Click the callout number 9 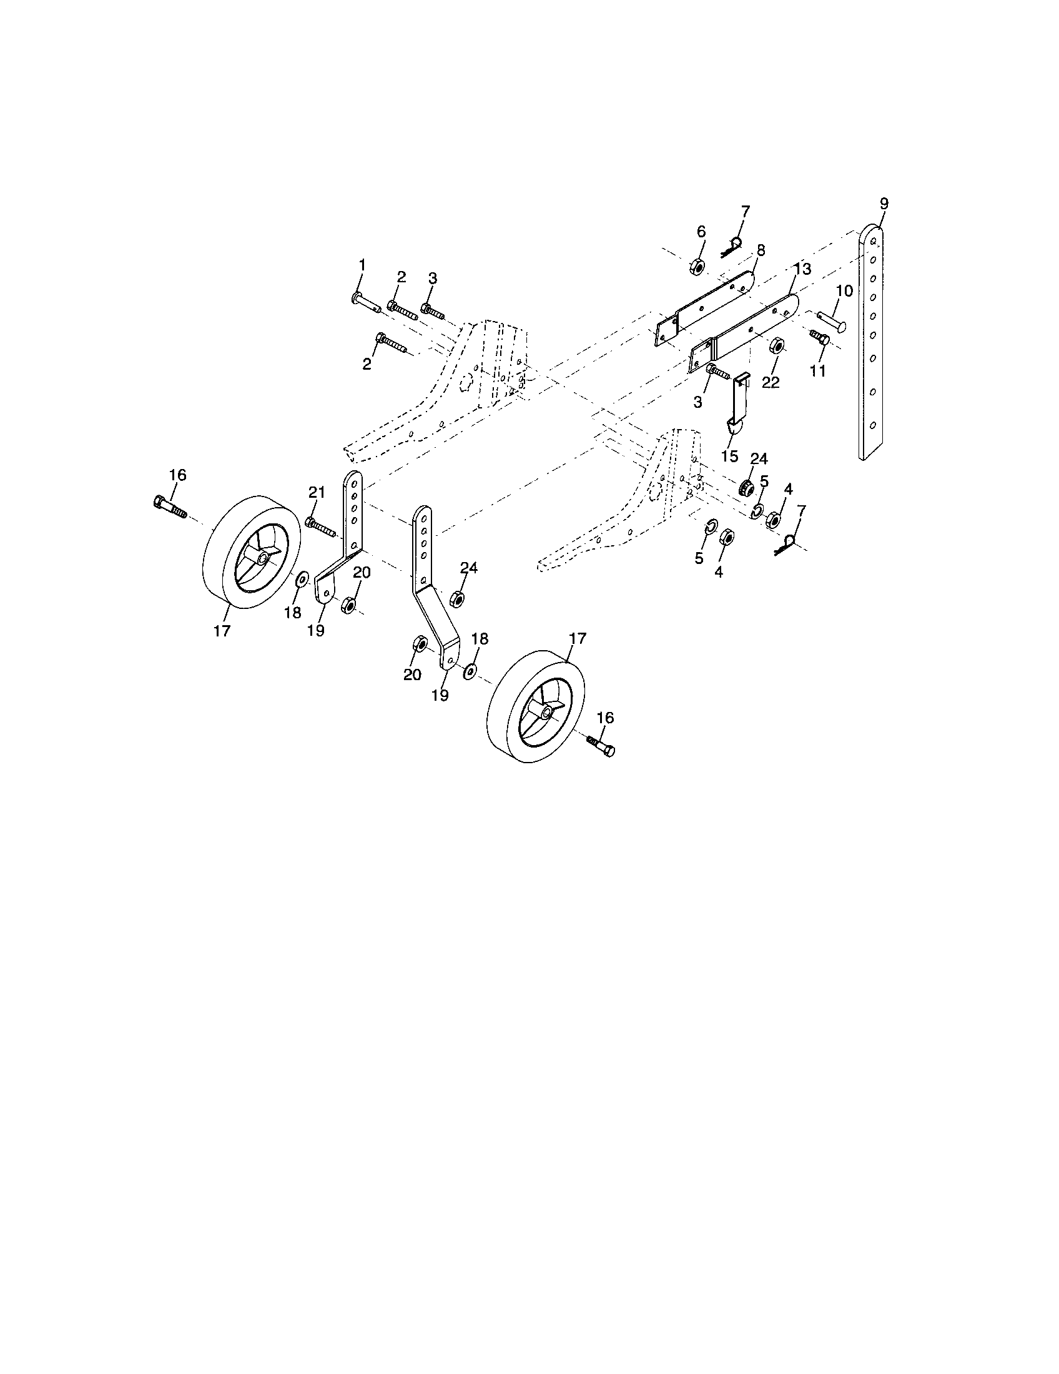(x=884, y=203)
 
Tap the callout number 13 (x=802, y=269)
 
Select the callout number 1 (x=362, y=265)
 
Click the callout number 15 (x=729, y=456)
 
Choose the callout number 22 (x=771, y=382)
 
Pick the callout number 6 (x=701, y=231)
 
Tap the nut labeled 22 (x=777, y=346)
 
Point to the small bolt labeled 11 (x=819, y=336)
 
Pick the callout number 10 (x=844, y=290)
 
